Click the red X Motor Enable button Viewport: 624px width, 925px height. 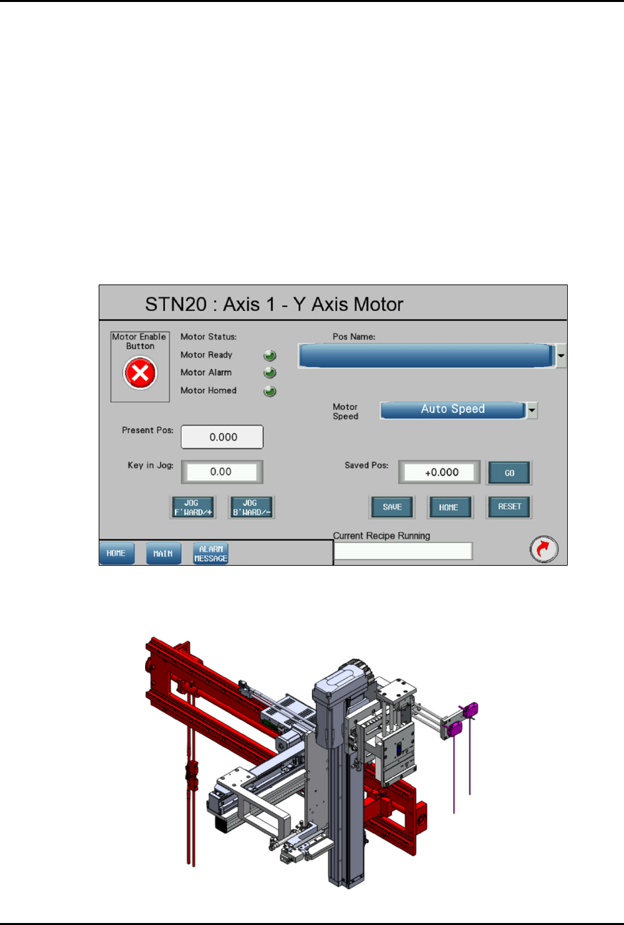140,373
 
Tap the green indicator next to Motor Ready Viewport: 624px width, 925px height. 270,355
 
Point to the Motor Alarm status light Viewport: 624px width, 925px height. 270,373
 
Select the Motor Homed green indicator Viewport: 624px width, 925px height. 270,391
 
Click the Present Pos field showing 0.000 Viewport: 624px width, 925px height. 222,437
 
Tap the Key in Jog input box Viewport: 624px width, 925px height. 222,472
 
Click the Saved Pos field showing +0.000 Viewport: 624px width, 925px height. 439,472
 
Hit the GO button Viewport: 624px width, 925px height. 509,473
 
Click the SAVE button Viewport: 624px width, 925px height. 392,507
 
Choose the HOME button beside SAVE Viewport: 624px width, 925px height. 450,507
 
